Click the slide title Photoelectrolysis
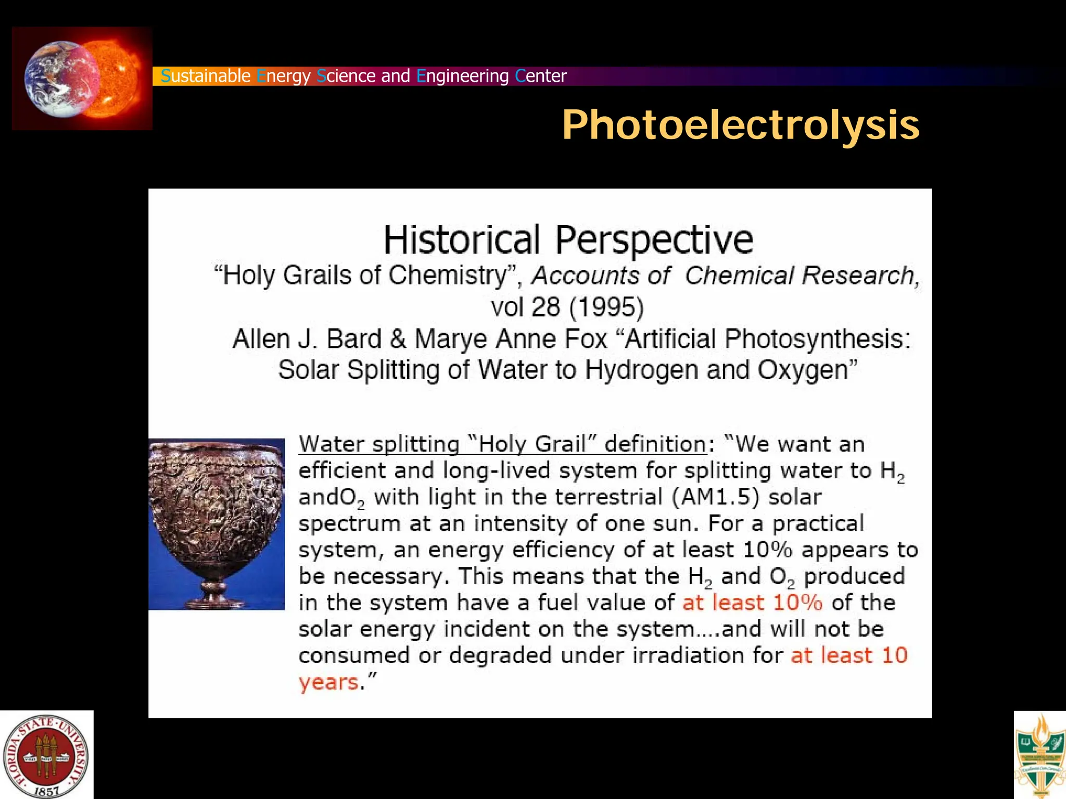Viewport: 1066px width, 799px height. (740, 125)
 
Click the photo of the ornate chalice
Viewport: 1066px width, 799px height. (217, 523)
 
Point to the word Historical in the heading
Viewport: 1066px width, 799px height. (462, 240)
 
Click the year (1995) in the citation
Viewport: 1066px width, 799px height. (606, 307)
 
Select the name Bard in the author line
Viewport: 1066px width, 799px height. (354, 339)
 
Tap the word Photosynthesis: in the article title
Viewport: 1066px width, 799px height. (817, 339)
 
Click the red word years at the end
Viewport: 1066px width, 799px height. (328, 682)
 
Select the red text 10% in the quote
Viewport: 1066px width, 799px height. (797, 603)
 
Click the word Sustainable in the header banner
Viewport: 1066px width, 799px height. (206, 76)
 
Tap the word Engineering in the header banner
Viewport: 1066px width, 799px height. (462, 76)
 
